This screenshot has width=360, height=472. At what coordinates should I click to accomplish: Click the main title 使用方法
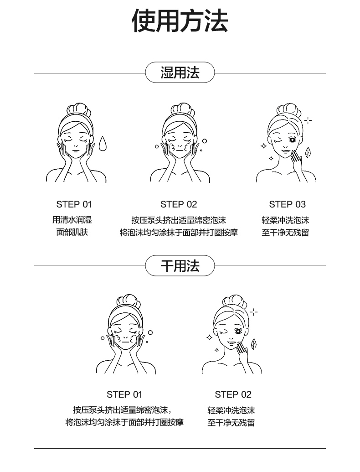[x=180, y=21]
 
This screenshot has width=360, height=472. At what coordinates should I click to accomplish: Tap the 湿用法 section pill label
[x=180, y=73]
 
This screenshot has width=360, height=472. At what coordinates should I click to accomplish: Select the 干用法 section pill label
[x=180, y=265]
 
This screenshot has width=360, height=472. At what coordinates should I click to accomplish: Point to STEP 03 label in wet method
[x=287, y=204]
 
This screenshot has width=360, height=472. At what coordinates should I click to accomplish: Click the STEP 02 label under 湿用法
[x=179, y=204]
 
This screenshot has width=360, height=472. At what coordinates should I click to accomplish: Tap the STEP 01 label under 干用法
[x=124, y=394]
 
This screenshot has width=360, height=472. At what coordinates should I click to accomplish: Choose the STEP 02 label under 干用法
[x=233, y=394]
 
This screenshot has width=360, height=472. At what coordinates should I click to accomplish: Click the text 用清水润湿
[x=72, y=220]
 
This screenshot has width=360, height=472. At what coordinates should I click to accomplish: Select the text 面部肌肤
[x=72, y=233]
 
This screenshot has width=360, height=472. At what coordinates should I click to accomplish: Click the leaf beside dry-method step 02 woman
[x=253, y=342]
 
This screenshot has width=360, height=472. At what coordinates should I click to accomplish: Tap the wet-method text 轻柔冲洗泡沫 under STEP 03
[x=285, y=220]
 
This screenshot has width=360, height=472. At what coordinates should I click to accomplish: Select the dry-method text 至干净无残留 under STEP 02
[x=231, y=423]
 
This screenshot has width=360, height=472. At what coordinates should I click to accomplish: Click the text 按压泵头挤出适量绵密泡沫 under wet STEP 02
[x=179, y=220]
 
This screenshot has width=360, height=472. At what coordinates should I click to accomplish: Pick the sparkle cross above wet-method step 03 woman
[x=308, y=121]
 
